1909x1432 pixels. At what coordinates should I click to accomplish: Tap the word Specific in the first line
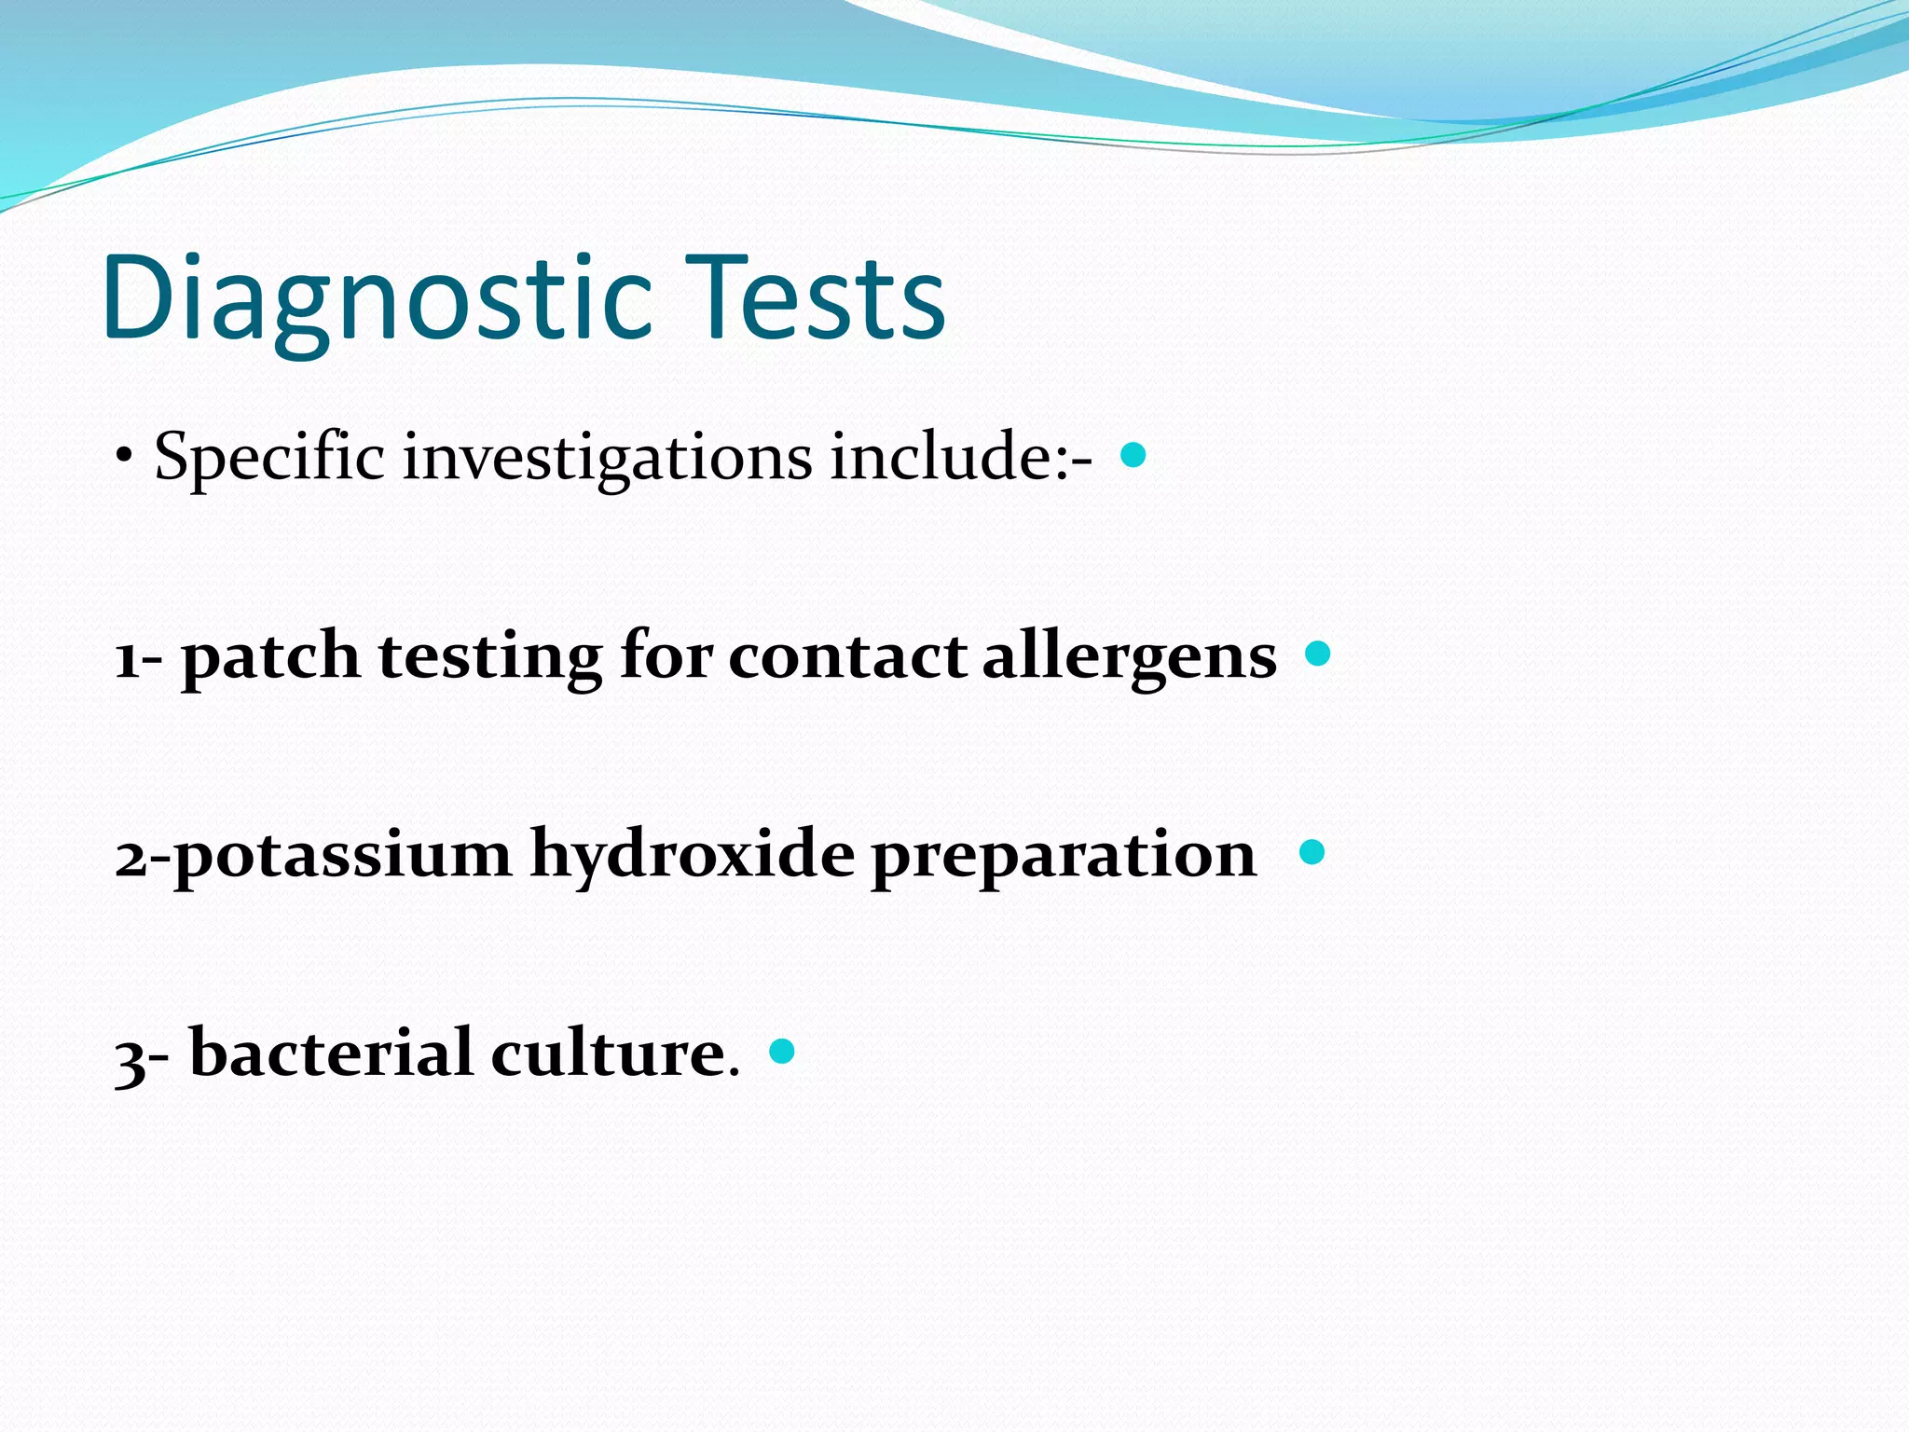click(269, 459)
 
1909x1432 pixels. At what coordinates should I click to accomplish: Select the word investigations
click(607, 459)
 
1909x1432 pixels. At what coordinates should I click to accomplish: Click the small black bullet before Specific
click(124, 458)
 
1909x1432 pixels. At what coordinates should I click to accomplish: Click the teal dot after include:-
click(1133, 455)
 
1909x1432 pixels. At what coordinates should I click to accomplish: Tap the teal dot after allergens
click(1318, 654)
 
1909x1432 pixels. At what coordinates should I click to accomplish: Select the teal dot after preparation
click(1312, 852)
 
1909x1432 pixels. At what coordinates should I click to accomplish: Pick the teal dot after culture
click(782, 1052)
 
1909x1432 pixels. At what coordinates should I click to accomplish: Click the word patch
click(270, 657)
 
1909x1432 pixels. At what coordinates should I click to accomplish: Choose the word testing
click(490, 657)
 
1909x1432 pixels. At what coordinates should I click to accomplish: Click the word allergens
click(1130, 657)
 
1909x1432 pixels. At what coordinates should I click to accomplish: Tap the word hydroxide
click(692, 854)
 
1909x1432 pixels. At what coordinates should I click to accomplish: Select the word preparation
click(1064, 856)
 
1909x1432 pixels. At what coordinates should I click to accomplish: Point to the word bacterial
click(331, 1053)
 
